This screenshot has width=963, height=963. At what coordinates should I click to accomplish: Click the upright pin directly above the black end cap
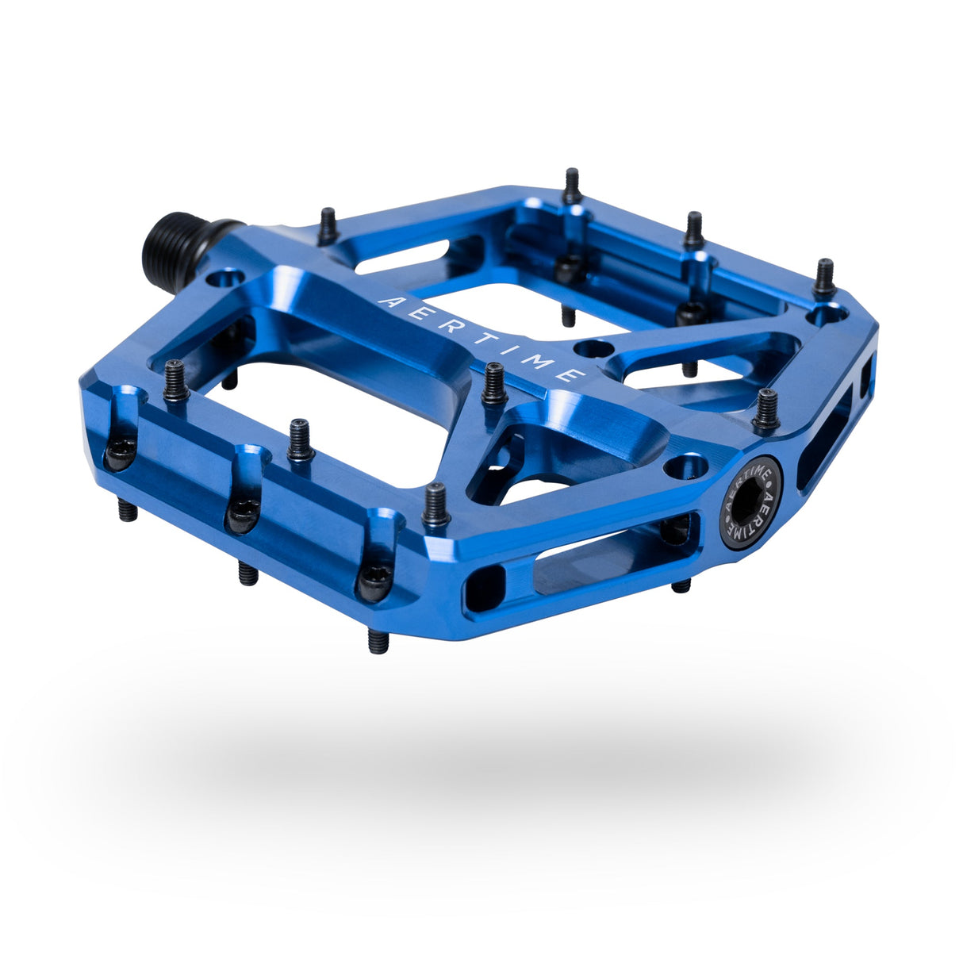tap(766, 408)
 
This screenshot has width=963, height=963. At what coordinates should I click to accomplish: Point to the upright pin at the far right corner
tap(825, 277)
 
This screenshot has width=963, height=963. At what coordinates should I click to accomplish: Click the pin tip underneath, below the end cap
tap(681, 586)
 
